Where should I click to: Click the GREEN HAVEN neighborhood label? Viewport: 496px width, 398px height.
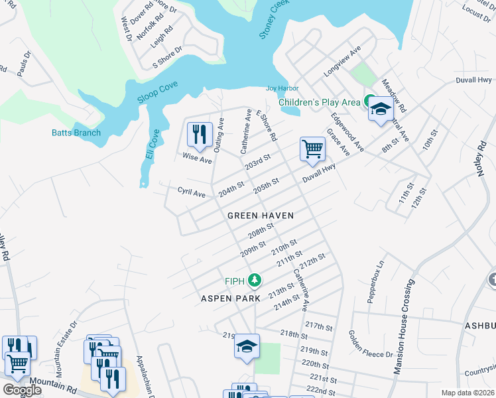pos(260,216)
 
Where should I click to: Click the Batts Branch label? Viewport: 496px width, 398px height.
pos(76,133)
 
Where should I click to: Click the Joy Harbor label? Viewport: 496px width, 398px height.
pos(282,88)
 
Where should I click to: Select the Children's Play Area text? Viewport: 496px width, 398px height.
pos(319,102)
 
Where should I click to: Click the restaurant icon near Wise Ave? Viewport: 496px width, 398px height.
pos(200,135)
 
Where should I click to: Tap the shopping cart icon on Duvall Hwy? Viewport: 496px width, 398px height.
pos(312,149)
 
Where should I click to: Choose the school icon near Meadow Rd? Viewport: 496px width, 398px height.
pos(381,109)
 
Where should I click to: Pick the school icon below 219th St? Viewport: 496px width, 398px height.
pos(247,347)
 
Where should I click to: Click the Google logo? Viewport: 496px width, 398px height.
pos(21,390)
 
